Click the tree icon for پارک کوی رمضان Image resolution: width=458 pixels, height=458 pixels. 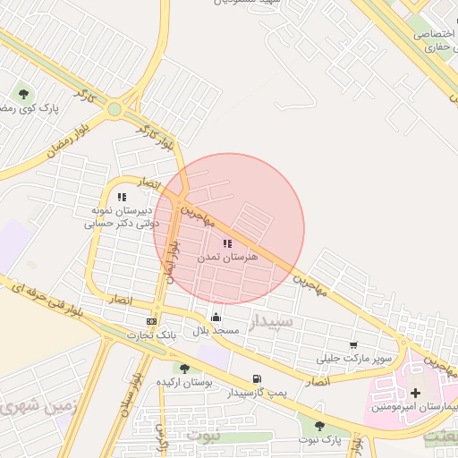(24, 93)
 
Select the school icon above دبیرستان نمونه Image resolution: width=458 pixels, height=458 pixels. (122, 197)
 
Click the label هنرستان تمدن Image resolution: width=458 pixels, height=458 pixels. (227, 257)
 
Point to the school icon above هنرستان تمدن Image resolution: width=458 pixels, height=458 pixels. (227, 243)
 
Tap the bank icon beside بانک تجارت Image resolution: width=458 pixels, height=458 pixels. (151, 321)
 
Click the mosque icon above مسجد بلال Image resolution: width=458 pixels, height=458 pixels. (216, 317)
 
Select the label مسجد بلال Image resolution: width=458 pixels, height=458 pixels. (218, 330)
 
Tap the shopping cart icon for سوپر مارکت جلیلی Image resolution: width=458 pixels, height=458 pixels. (353, 345)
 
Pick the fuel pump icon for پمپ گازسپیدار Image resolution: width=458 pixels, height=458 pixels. (258, 378)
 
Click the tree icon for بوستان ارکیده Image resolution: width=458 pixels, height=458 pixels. (184, 369)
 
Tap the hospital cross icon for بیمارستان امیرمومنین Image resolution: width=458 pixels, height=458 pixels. (415, 393)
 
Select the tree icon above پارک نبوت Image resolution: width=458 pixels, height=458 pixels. (319, 427)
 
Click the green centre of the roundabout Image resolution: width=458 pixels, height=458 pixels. (114, 110)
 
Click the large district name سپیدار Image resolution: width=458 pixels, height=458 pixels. (270, 322)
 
